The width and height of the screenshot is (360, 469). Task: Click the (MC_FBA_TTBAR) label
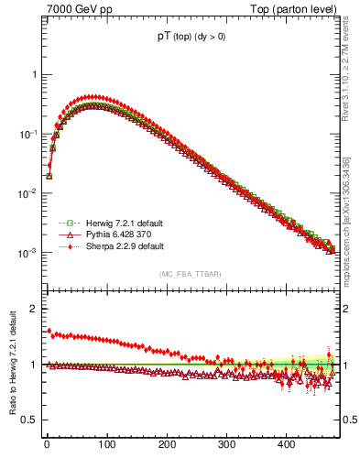191,274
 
